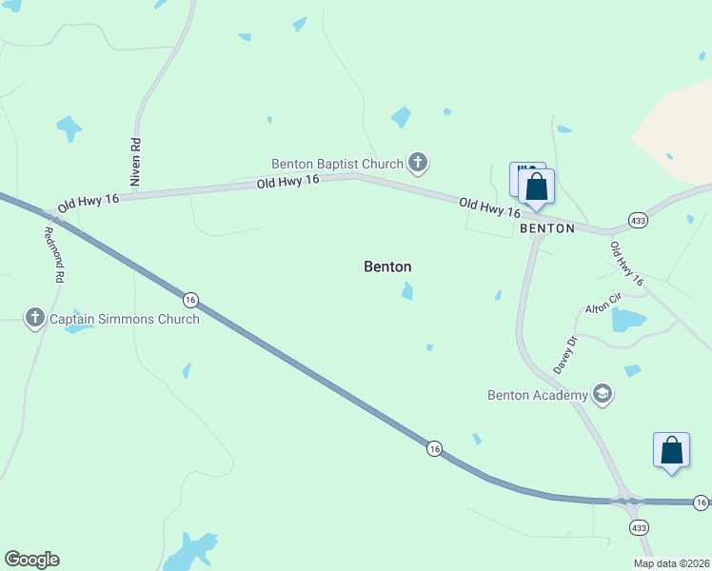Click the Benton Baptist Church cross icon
tap(417, 163)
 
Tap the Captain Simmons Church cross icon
tap(35, 318)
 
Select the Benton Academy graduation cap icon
tap(602, 393)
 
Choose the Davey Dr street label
tap(565, 354)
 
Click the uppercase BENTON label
tap(547, 228)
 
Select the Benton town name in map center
tap(387, 266)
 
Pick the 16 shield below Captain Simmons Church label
tap(190, 299)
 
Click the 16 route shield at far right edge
tap(701, 502)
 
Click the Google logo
tap(31, 560)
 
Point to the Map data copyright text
tap(671, 563)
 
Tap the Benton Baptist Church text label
tap(338, 164)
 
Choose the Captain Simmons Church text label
tap(125, 319)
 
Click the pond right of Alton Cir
tap(629, 321)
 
